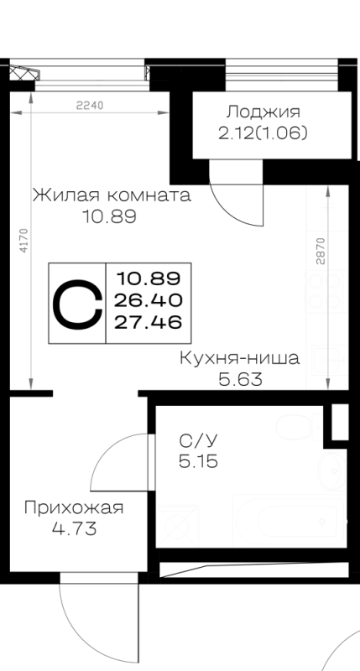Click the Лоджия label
[x=263, y=112]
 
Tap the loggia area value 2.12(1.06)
[x=263, y=134]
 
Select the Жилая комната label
[x=112, y=195]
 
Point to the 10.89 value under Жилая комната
[x=110, y=217]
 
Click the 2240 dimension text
[x=90, y=106]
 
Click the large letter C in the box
[x=77, y=304]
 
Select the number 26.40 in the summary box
[x=148, y=300]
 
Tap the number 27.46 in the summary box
[x=148, y=322]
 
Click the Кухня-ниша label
[x=239, y=358]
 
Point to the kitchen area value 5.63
[x=240, y=379]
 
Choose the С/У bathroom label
[x=199, y=440]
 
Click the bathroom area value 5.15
[x=199, y=461]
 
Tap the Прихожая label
[x=74, y=508]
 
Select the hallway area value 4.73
[x=74, y=529]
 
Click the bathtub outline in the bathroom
[x=290, y=520]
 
